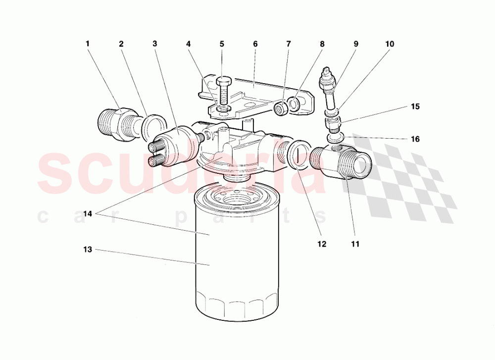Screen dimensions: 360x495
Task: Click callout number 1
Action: pyautogui.click(x=88, y=44)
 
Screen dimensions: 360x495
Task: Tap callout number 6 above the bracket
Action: pyautogui.click(x=255, y=44)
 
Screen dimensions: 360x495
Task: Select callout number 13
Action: pyautogui.click(x=88, y=250)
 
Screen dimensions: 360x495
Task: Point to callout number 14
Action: pyautogui.click(x=88, y=214)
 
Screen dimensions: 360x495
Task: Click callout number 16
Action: pyautogui.click(x=415, y=139)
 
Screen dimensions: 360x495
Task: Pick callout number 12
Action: pyautogui.click(x=322, y=244)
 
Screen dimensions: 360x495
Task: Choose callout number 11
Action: pyautogui.click(x=355, y=244)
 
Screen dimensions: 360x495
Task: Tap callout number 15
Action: pyautogui.click(x=415, y=106)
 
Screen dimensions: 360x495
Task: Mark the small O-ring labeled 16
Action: pyautogui.click(x=336, y=136)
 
